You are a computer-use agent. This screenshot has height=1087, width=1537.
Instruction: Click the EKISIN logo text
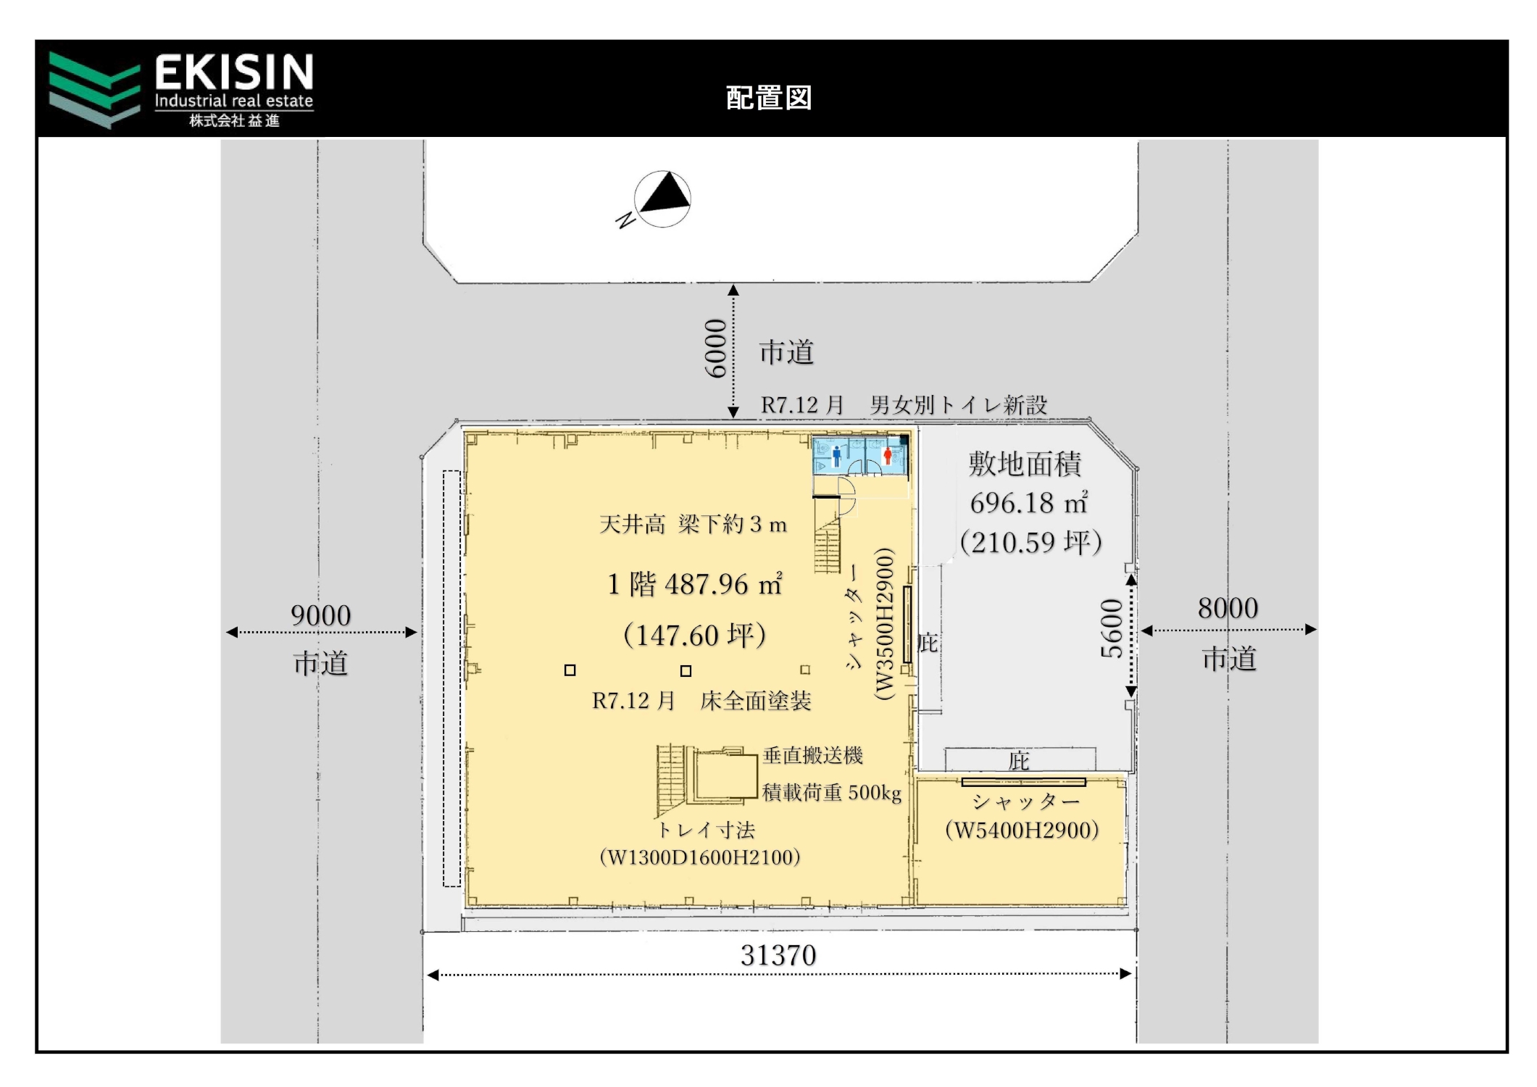[234, 72]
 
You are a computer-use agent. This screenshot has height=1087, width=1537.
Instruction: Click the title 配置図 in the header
[769, 98]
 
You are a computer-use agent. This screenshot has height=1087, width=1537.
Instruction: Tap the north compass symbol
[662, 199]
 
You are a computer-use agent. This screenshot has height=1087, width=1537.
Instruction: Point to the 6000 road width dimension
[716, 348]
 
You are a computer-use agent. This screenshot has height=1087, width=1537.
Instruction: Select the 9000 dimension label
[321, 615]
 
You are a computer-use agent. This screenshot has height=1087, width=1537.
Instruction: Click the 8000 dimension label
[1228, 608]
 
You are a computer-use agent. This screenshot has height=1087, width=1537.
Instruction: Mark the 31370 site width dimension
[778, 955]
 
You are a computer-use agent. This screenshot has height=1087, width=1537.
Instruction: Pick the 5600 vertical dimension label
[1112, 628]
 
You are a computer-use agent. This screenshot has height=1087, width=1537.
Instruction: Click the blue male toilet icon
[837, 456]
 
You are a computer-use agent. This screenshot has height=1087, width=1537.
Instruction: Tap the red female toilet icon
[888, 456]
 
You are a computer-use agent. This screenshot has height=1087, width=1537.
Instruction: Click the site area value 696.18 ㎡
[1029, 502]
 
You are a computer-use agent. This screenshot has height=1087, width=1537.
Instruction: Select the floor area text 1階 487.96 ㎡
[696, 583]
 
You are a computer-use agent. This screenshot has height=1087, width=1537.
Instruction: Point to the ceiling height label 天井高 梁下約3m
[693, 524]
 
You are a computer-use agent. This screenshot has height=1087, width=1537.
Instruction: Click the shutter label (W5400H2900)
[1022, 830]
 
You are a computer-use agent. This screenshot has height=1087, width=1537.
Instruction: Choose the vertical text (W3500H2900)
[885, 623]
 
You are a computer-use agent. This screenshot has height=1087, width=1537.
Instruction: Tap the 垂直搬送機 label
[812, 755]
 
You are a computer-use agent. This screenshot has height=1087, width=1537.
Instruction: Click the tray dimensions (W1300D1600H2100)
[700, 857]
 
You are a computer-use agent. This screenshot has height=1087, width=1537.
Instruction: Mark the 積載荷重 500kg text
[832, 793]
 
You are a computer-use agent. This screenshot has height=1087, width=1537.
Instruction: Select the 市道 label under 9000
[321, 663]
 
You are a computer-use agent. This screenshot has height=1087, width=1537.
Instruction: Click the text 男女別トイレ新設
[959, 405]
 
